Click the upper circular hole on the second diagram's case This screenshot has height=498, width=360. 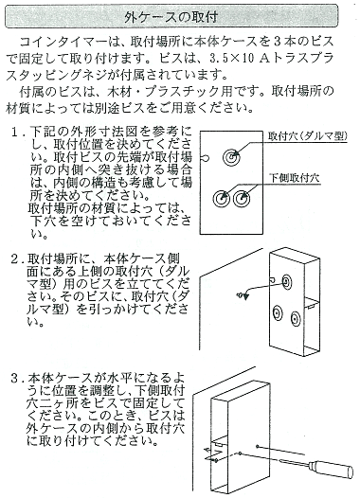coord(284,282)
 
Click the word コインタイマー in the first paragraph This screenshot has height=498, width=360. coord(65,43)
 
